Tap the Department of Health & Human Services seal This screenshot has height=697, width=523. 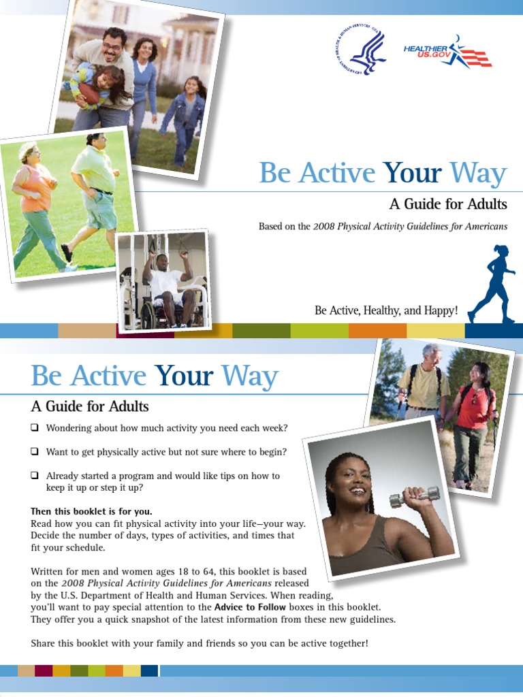(361, 49)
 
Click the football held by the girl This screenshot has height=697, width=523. (89, 93)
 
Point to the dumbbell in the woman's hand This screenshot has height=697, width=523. (415, 496)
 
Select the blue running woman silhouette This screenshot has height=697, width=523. (492, 284)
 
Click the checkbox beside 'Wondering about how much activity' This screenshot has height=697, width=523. (34, 427)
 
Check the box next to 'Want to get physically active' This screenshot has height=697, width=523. (34, 452)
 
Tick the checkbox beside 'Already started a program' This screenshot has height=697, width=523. (34, 476)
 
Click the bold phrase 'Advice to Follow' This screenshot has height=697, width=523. (250, 607)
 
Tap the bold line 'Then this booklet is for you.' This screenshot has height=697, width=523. (91, 511)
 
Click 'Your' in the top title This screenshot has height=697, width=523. (413, 172)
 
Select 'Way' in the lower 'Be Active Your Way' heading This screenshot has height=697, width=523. (249, 376)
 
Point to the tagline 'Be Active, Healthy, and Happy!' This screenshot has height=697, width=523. (386, 310)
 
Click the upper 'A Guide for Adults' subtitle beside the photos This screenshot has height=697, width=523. (448, 204)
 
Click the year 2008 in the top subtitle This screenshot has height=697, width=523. (323, 226)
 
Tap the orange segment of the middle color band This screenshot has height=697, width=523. (377, 330)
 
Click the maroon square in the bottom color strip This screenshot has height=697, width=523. (44, 670)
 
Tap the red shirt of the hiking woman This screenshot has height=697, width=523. (474, 408)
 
